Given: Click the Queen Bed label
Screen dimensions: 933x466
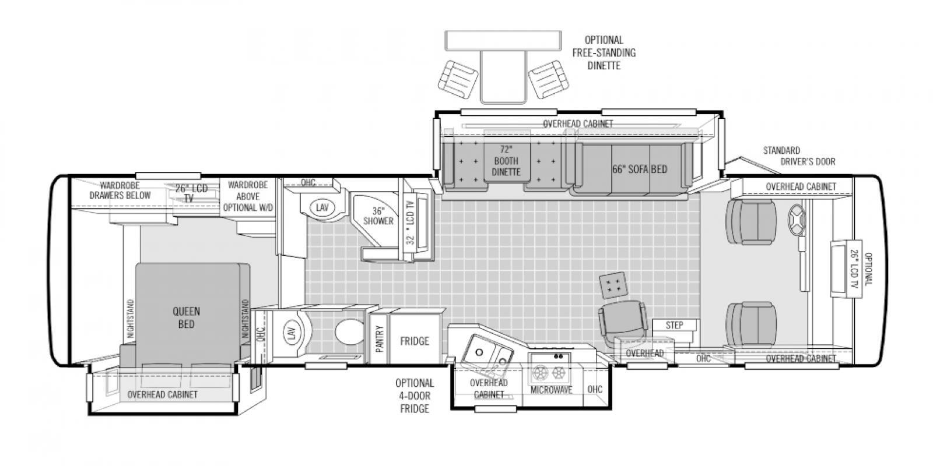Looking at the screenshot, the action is pyautogui.click(x=186, y=317).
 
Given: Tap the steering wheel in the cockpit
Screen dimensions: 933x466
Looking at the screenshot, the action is pyautogui.click(x=796, y=219).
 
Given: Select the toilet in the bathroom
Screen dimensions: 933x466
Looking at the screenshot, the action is pyautogui.click(x=349, y=331).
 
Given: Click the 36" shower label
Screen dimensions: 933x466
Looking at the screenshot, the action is pyautogui.click(x=378, y=216).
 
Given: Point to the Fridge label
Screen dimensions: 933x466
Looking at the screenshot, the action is pyautogui.click(x=415, y=341).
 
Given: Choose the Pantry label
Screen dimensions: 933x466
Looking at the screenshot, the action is pyautogui.click(x=379, y=338).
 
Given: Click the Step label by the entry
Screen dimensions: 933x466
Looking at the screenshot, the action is pyautogui.click(x=674, y=326).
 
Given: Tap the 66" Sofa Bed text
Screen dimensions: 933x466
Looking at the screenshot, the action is pyautogui.click(x=640, y=170).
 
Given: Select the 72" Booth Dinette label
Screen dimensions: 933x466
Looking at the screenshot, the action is pyautogui.click(x=506, y=161).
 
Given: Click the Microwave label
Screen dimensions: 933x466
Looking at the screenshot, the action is pyautogui.click(x=552, y=390).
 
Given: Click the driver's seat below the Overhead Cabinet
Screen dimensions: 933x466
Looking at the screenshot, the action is pyautogui.click(x=751, y=222).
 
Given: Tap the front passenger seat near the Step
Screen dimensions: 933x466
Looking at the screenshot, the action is pyautogui.click(x=751, y=324).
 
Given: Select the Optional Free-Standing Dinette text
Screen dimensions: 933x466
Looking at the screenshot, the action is pyautogui.click(x=604, y=53).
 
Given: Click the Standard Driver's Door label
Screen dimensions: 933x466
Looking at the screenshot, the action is pyautogui.click(x=799, y=156).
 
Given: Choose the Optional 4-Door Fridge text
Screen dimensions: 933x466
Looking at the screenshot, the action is pyautogui.click(x=415, y=396).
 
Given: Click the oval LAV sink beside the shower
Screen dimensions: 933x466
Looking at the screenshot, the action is pyautogui.click(x=322, y=207).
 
